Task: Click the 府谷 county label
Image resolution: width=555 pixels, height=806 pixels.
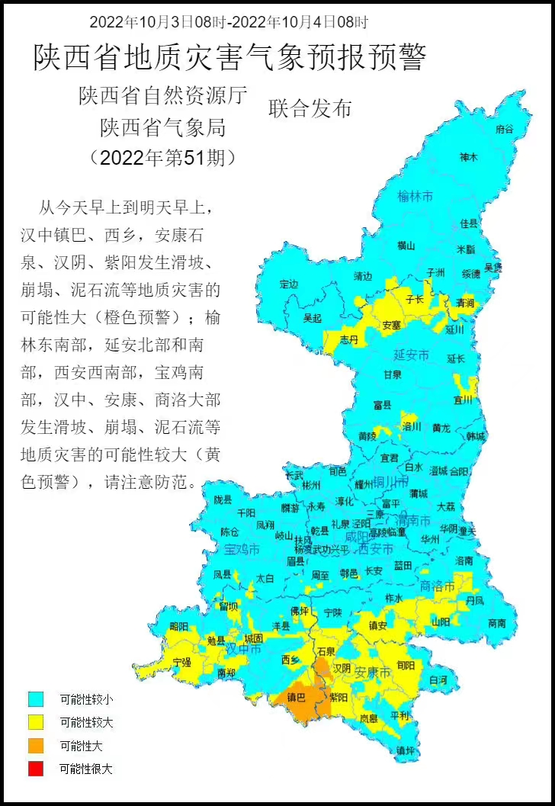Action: click(505, 129)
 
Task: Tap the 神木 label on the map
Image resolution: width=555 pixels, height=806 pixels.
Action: click(468, 157)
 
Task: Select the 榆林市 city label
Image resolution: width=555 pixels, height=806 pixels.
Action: click(415, 197)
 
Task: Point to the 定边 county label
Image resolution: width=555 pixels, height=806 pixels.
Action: click(289, 284)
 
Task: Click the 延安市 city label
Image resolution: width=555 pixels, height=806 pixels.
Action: click(412, 355)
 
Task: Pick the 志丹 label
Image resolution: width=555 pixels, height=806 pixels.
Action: click(349, 340)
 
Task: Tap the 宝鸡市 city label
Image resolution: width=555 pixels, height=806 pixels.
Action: click(242, 549)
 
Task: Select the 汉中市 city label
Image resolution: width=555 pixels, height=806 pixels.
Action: click(244, 649)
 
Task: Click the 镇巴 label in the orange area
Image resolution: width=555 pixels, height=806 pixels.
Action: click(297, 697)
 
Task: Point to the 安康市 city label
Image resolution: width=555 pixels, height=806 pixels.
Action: click(373, 673)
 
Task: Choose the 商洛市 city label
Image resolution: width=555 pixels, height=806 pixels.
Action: click(438, 586)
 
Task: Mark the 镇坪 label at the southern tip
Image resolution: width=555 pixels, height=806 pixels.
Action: click(406, 750)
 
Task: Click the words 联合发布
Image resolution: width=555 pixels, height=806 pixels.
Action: click(310, 108)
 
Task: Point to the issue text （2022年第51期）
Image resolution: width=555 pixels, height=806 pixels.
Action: click(162, 158)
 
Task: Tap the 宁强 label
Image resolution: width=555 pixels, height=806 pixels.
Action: click(181, 662)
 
